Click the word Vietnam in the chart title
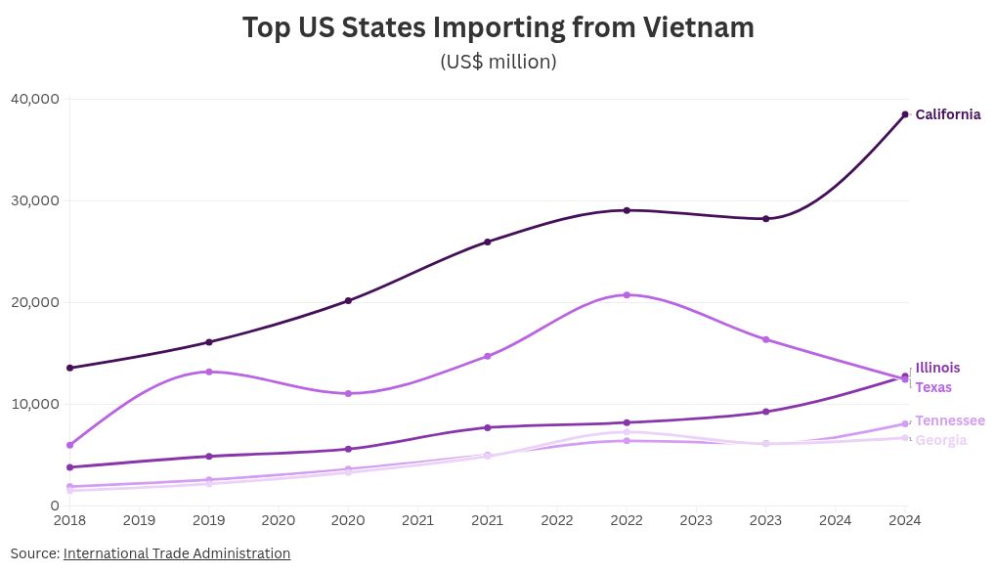click(698, 27)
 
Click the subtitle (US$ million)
click(498, 62)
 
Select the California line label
click(947, 114)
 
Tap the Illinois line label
click(937, 368)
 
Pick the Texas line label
click(933, 387)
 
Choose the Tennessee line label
click(949, 420)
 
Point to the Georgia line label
click(940, 440)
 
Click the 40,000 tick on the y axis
click(35, 99)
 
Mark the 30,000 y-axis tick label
click(35, 200)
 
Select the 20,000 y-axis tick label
click(35, 302)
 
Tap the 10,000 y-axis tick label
click(35, 404)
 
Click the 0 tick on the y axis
click(56, 506)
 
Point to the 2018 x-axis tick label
click(69, 521)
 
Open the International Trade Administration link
click(177, 553)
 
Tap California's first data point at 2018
click(69, 368)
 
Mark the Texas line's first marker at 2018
click(69, 445)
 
